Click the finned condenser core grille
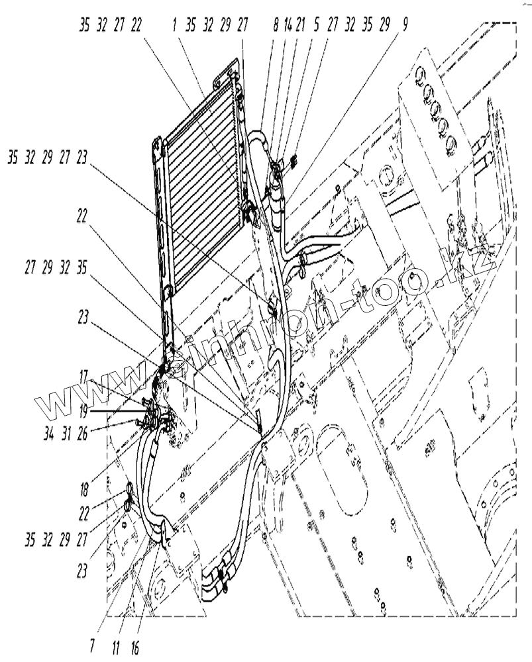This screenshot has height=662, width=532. click(x=199, y=179)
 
